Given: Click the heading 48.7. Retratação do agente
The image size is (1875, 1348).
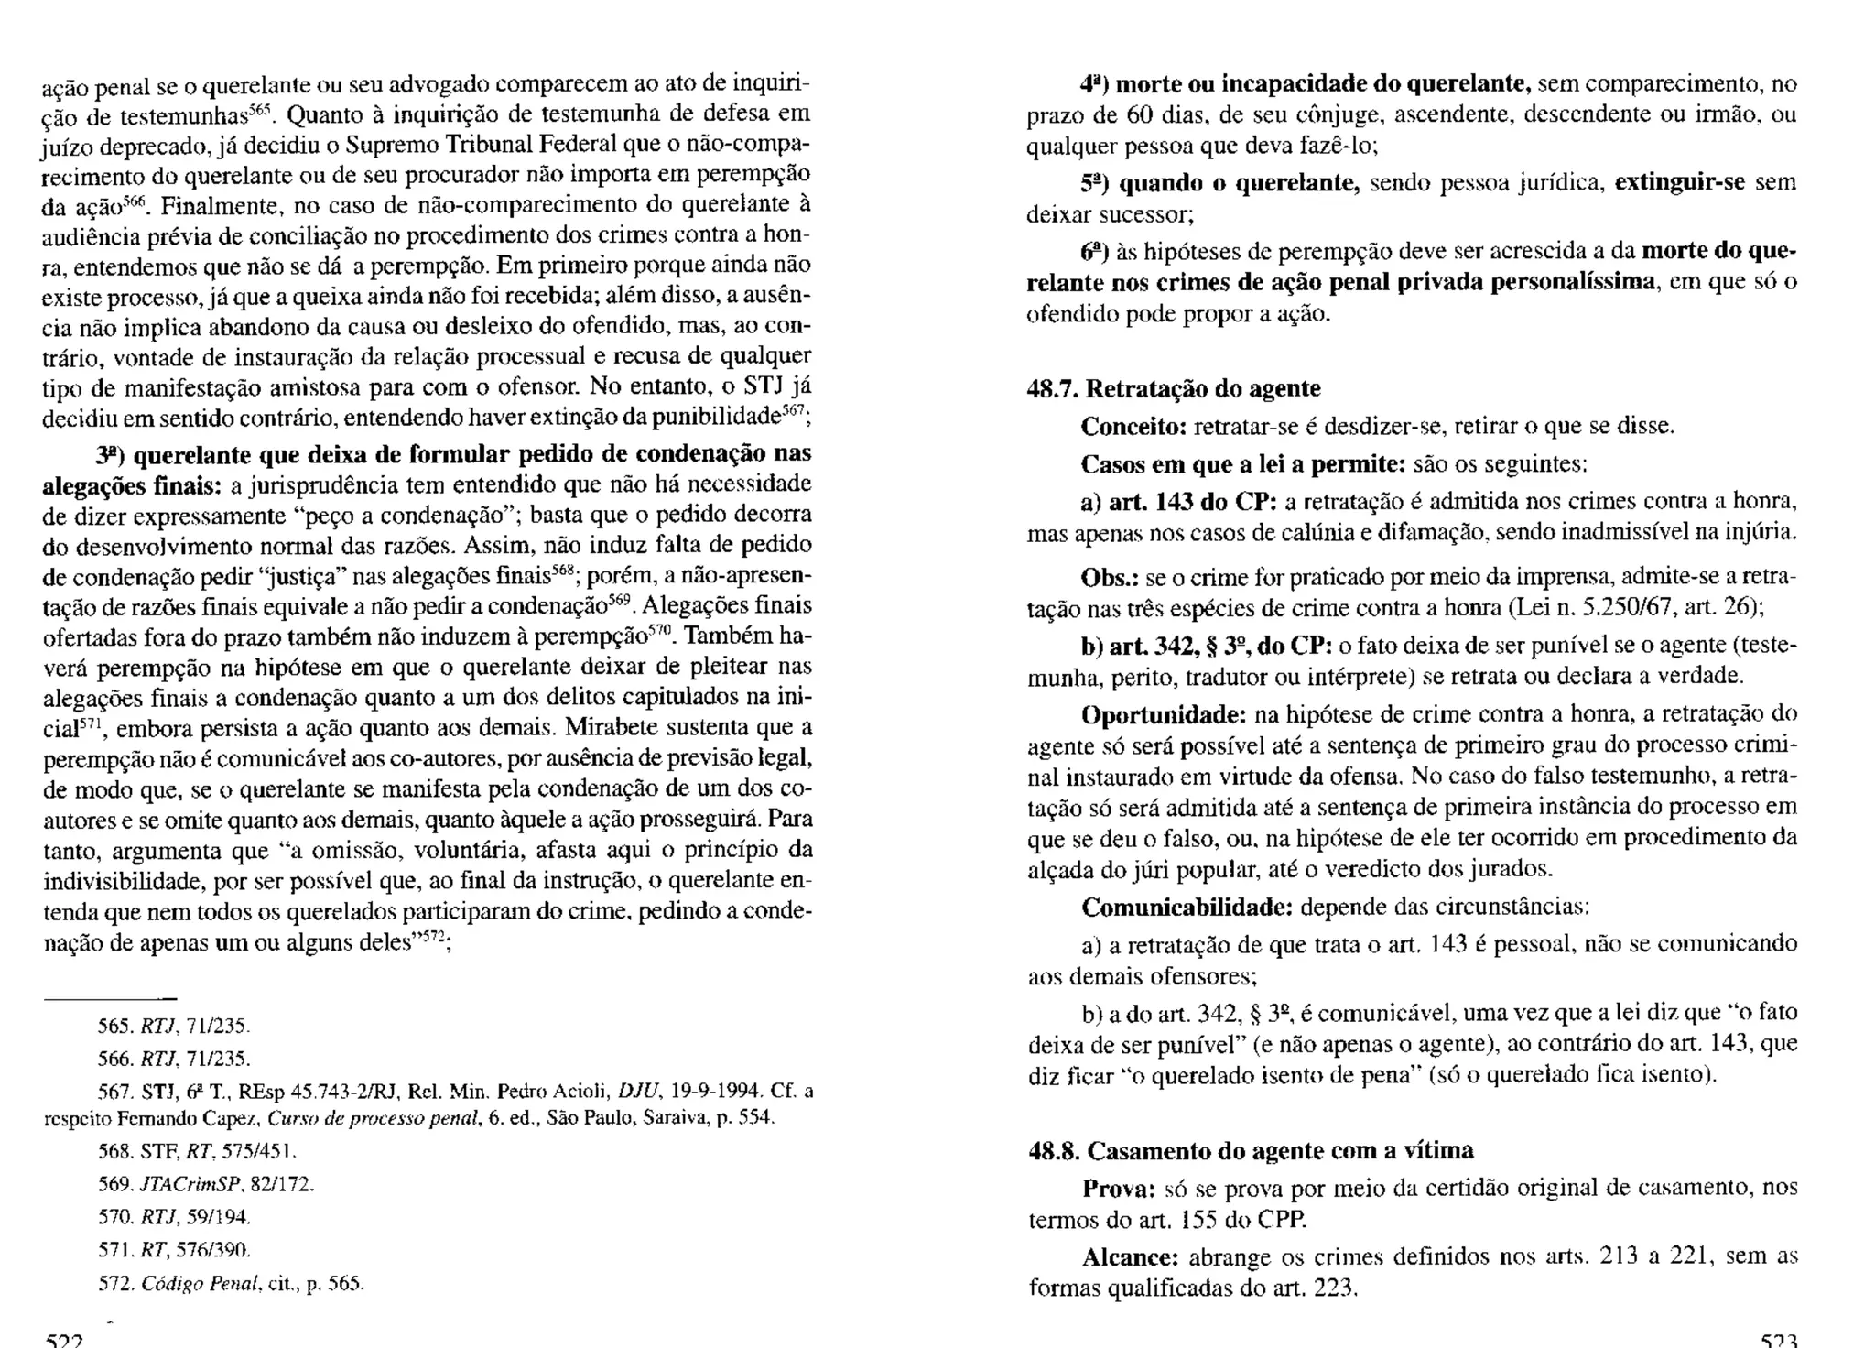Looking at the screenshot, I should pyautogui.click(x=1174, y=389).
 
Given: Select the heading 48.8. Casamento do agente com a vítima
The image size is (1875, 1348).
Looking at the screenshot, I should pyautogui.click(x=1252, y=1151).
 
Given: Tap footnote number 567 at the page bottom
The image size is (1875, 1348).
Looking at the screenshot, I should pyautogui.click(x=112, y=1092).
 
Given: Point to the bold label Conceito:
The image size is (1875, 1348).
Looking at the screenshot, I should pyautogui.click(x=1133, y=427).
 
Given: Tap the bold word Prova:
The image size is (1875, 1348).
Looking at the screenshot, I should pyautogui.click(x=1119, y=1189).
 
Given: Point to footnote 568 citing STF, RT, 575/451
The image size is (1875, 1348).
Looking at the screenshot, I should pyautogui.click(x=197, y=1151).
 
